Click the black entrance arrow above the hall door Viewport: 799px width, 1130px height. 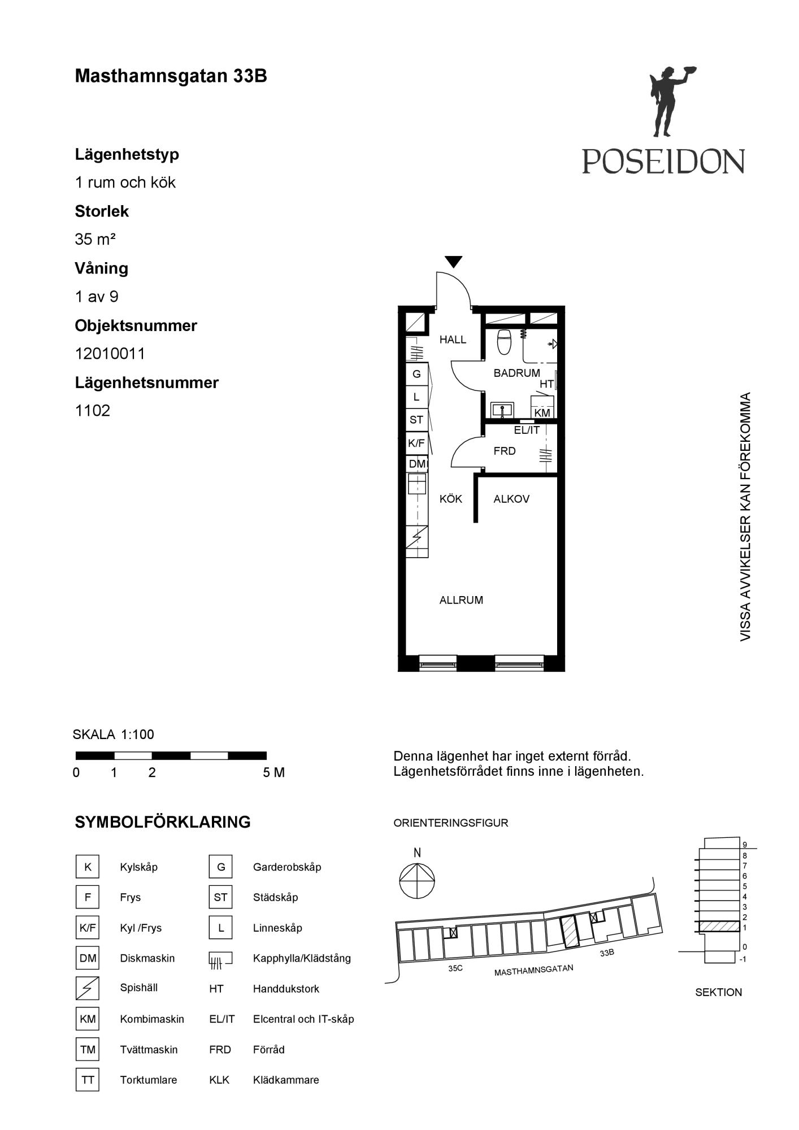pos(453,262)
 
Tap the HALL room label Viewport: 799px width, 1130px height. pos(453,340)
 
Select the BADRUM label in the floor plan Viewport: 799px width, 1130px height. pos(516,373)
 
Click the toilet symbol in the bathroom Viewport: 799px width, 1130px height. pos(504,341)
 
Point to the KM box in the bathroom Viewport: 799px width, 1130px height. pos(542,412)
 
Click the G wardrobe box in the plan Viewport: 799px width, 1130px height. pos(416,374)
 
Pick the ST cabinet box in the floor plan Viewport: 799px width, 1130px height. pos(416,420)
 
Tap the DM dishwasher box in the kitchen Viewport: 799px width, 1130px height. pos(417,464)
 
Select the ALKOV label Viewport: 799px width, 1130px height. pos(511,499)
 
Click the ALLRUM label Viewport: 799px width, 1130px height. pos(461,600)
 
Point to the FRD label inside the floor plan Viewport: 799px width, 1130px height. pos(504,451)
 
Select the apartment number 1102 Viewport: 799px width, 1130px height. pos(92,411)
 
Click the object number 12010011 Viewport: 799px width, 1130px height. pos(110,354)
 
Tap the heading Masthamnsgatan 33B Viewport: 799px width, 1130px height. pos(171,76)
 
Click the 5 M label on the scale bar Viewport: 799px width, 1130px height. pos(273,772)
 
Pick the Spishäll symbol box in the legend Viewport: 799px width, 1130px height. pos(88,988)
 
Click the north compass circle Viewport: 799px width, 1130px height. pos(417,881)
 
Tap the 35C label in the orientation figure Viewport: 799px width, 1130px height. pos(455,968)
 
